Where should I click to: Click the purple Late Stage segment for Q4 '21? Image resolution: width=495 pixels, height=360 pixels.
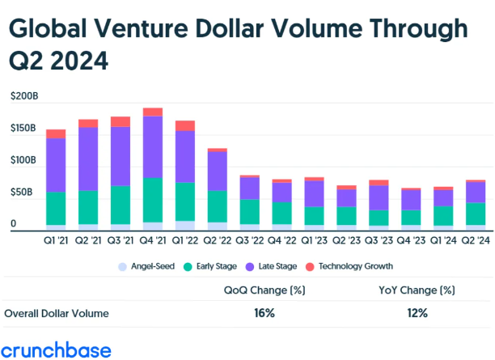click(153, 146)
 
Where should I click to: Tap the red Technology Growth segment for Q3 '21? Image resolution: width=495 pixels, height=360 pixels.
click(121, 121)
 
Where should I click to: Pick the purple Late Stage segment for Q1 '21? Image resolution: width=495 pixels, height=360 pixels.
click(56, 165)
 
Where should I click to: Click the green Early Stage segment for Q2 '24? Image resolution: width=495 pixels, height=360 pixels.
click(476, 213)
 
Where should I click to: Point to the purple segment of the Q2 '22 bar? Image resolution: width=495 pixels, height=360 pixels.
click(218, 171)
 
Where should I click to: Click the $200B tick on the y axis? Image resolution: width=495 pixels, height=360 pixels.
click(24, 96)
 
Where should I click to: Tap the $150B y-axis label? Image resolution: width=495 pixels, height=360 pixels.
click(24, 129)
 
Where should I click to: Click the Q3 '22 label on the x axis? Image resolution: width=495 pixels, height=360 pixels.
click(249, 239)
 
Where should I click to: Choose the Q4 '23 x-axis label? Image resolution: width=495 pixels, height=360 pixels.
click(411, 239)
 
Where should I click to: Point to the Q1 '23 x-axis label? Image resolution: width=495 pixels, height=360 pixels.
click(314, 239)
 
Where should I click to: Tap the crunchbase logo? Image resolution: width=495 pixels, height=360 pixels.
click(57, 349)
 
